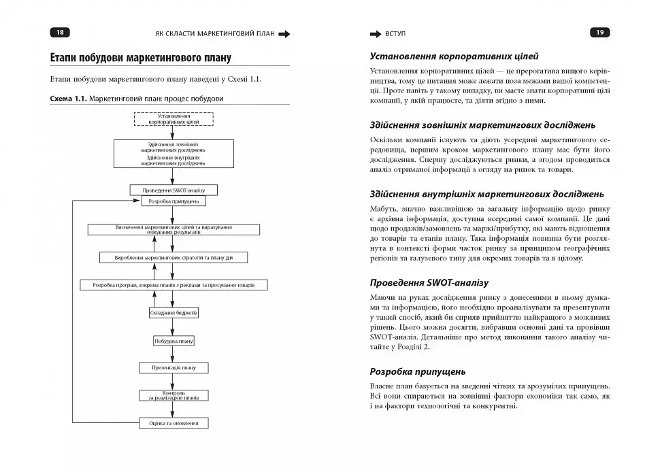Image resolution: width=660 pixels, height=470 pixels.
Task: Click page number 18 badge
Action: tap(60, 32)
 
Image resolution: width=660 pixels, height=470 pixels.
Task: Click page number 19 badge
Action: tap(600, 32)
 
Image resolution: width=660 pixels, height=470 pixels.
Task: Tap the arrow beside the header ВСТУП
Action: tap(375, 33)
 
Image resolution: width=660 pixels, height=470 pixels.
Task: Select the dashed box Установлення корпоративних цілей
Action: tap(174, 119)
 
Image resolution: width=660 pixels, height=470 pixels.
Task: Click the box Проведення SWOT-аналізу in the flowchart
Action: tap(174, 190)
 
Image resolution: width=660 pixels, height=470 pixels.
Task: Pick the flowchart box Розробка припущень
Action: tap(174, 201)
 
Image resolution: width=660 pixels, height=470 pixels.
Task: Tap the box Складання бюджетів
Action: tap(174, 313)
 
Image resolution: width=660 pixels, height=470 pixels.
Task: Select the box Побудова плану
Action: tap(174, 341)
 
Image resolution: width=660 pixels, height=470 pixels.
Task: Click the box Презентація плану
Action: tap(174, 368)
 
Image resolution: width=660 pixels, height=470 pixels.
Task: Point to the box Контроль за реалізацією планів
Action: tap(174, 395)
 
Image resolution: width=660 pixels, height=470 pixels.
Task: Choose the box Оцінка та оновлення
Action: tap(174, 423)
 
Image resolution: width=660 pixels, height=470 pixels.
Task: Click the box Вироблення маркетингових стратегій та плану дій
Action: tap(174, 258)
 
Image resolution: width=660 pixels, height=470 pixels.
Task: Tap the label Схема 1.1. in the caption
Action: tap(69, 99)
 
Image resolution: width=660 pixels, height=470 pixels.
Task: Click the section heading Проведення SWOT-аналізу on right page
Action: tap(429, 282)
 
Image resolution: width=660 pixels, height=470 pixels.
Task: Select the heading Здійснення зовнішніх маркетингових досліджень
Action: tap(482, 125)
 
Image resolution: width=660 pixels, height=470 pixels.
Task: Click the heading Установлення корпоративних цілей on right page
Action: tap(454, 56)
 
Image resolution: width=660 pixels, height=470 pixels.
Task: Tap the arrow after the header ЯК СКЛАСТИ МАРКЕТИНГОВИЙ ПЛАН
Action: tap(284, 33)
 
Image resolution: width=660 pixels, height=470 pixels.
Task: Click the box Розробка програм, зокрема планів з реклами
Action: tap(174, 285)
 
